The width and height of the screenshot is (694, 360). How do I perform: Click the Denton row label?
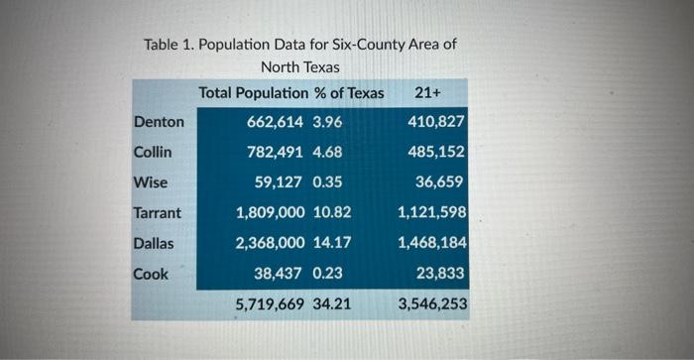(159, 122)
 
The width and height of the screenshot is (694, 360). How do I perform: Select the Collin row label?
(153, 153)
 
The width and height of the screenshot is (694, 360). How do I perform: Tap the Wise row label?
(150, 182)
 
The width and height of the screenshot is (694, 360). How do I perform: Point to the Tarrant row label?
(158, 212)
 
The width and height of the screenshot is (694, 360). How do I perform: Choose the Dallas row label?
(155, 242)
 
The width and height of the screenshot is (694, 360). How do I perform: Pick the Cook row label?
(151, 272)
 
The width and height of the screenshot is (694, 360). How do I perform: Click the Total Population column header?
(253, 92)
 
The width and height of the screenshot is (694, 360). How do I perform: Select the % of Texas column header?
(348, 92)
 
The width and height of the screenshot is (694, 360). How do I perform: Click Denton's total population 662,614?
(276, 122)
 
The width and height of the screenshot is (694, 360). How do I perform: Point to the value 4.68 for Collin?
(327, 153)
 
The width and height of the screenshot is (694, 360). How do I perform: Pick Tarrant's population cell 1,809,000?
(271, 212)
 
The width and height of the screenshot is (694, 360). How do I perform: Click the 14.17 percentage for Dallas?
(331, 242)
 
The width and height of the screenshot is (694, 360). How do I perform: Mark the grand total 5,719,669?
(271, 303)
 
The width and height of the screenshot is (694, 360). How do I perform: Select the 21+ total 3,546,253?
(432, 303)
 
